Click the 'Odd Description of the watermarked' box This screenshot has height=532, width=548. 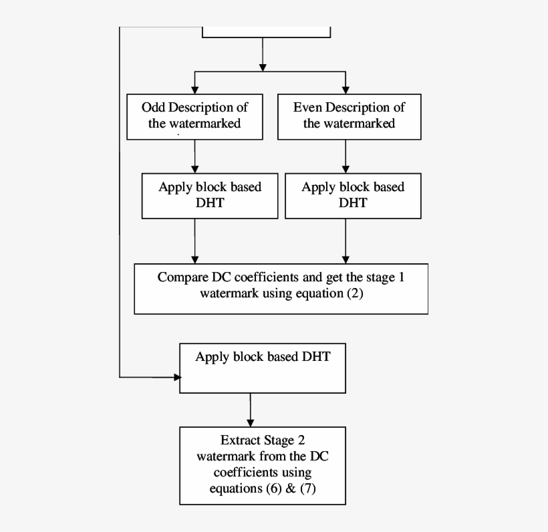tap(194, 116)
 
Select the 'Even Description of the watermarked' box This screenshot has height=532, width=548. tap(349, 116)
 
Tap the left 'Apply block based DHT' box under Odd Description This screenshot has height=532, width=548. tap(209, 195)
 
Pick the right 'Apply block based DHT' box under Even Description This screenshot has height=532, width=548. tap(353, 195)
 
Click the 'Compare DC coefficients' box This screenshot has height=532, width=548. tap(281, 288)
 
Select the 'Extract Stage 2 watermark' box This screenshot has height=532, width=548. tap(263, 465)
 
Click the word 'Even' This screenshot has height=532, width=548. tap(307, 108)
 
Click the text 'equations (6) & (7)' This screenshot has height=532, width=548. tap(263, 489)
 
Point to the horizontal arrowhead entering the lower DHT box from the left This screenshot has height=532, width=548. tap(177, 378)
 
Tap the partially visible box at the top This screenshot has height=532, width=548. tap(266, 31)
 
